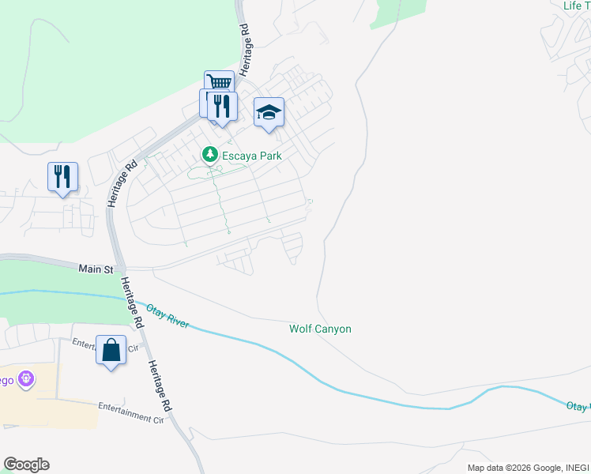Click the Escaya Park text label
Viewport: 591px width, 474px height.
(251, 156)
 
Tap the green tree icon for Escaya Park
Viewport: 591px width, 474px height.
(209, 155)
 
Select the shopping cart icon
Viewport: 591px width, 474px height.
(219, 84)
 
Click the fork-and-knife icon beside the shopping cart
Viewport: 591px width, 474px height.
(222, 106)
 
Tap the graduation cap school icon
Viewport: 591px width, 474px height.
(269, 113)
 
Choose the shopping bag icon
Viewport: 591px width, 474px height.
(111, 349)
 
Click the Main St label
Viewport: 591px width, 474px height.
(96, 269)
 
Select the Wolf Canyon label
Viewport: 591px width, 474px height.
(320, 329)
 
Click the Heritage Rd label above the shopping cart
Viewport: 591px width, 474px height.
(245, 48)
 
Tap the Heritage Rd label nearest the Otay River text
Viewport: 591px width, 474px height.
(131, 303)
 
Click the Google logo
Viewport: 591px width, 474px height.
(26, 465)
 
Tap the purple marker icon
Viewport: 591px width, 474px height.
(27, 379)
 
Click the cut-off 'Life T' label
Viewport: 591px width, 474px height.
(576, 6)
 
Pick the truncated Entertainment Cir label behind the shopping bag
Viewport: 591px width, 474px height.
(84, 344)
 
